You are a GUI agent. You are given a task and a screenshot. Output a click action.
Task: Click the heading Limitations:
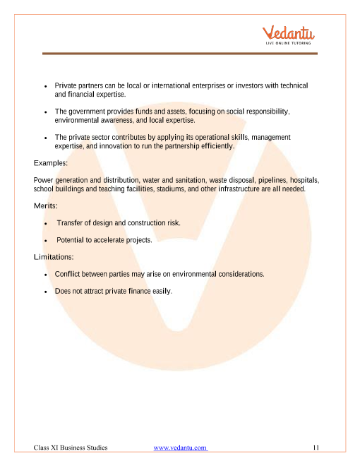54,256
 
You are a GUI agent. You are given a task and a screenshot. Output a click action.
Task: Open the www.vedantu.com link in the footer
180,448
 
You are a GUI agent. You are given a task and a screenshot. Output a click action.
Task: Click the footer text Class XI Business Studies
71,448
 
